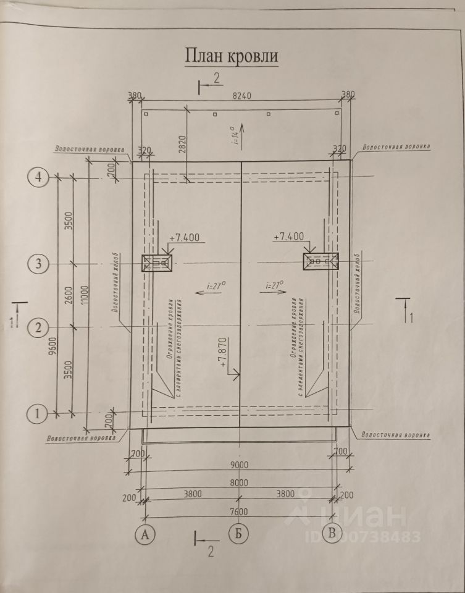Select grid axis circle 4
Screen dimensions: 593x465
coord(38,178)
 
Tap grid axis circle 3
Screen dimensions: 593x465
coord(38,264)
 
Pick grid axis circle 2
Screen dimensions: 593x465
coord(38,327)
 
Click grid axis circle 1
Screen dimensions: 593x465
coord(38,413)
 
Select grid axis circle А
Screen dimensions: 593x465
coord(146,533)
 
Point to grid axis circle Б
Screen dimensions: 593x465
coord(238,533)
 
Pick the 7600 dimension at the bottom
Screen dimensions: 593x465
coord(239,512)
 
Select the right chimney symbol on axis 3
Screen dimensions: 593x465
coord(320,262)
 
